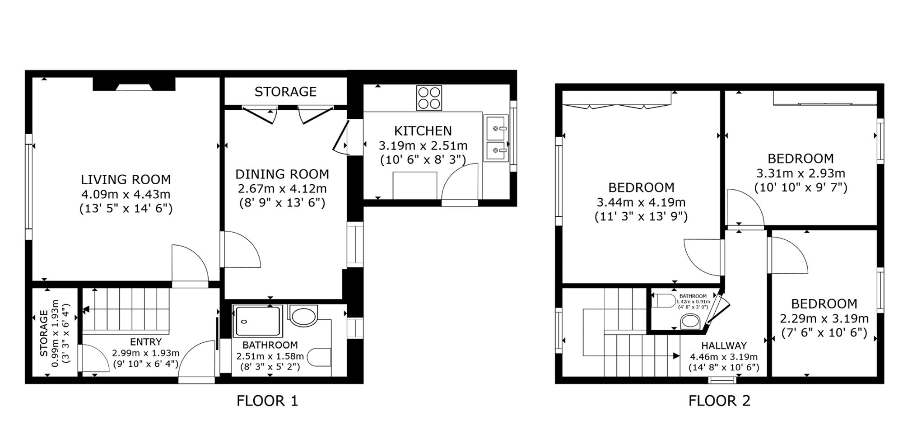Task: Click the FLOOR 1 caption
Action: point(267,401)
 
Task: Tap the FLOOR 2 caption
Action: point(719,401)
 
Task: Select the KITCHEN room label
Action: point(423,131)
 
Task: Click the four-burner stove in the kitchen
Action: point(429,98)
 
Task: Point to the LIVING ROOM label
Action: point(126,180)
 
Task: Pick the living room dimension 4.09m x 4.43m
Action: point(126,194)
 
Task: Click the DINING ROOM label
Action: point(282,174)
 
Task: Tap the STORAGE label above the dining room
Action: point(285,92)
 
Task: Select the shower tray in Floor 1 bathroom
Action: point(257,321)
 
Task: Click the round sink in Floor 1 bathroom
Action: point(303,316)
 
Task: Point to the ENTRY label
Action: point(146,342)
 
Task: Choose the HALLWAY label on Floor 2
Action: point(724,346)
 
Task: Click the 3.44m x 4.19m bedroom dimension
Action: point(641,202)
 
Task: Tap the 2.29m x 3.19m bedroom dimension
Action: point(824,319)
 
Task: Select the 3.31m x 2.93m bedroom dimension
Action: point(801,173)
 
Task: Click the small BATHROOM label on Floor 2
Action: point(693,296)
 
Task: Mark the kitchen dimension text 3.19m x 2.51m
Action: point(423,146)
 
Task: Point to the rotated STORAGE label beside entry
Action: point(44,333)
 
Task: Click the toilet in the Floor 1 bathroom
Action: point(319,358)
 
